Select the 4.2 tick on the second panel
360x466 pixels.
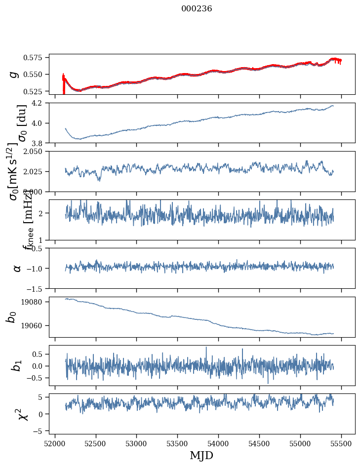tap(40, 103)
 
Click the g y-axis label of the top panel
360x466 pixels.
tap(14, 74)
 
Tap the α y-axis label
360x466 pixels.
tap(17, 268)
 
